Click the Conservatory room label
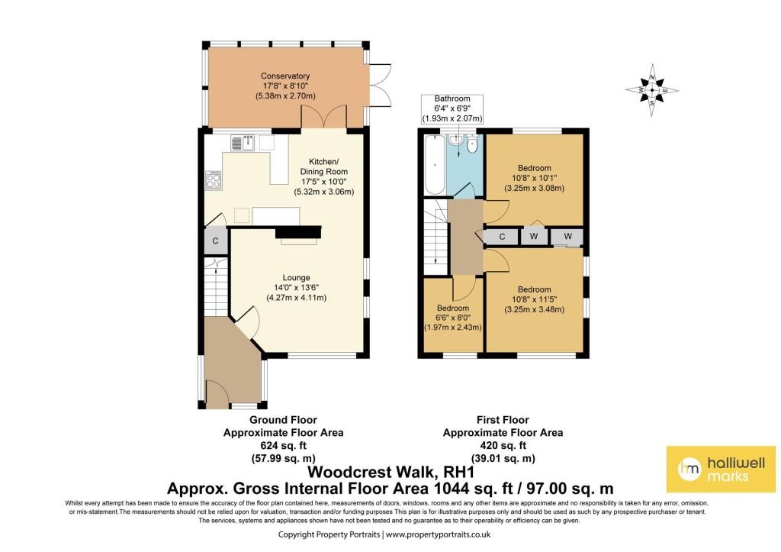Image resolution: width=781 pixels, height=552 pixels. [x=285, y=76]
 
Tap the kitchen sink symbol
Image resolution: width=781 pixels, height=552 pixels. [x=243, y=143]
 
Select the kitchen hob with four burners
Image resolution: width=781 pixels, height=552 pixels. [x=214, y=180]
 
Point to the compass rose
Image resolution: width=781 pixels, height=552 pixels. [x=652, y=90]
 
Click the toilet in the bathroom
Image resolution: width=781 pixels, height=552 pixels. [x=473, y=143]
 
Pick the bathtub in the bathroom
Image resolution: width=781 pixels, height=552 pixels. [x=435, y=165]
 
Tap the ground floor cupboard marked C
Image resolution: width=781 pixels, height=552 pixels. [x=216, y=240]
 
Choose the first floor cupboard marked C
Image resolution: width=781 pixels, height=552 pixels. [x=502, y=237]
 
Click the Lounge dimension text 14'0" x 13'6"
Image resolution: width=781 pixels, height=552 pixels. [x=296, y=288]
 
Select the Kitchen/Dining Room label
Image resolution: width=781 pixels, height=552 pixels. [x=323, y=166]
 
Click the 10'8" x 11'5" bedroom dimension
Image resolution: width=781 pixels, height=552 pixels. [x=535, y=300]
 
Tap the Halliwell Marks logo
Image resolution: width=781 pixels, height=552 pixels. [x=721, y=469]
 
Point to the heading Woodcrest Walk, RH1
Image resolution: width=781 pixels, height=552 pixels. [x=391, y=472]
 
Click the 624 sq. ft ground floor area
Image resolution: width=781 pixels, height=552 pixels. [x=283, y=445]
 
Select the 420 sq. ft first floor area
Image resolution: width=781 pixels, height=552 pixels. [x=503, y=445]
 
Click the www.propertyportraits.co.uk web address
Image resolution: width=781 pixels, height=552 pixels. [x=439, y=534]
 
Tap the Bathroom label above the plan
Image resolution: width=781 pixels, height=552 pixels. [x=452, y=98]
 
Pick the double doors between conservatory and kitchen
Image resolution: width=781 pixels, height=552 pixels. [x=323, y=116]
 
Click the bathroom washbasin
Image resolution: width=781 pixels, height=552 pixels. [x=455, y=140]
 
